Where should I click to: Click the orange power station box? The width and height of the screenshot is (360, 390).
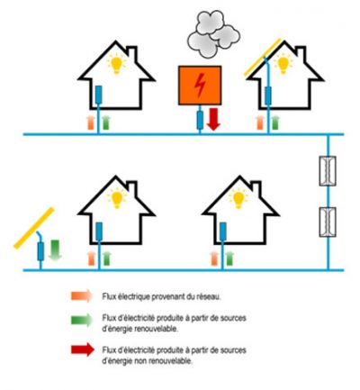click(200, 86)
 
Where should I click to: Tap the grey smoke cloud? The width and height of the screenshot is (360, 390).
click(213, 33)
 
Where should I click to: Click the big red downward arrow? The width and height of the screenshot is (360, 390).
click(213, 119)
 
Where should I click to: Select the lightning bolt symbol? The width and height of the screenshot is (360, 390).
click(199, 86)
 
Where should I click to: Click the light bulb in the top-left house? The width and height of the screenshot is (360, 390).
click(116, 64)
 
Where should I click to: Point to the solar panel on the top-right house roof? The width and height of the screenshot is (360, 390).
click(263, 57)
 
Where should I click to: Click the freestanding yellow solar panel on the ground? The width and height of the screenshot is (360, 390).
click(34, 228)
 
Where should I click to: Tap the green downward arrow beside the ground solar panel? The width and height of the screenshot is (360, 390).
click(55, 249)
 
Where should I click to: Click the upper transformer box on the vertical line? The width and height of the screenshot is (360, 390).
click(328, 171)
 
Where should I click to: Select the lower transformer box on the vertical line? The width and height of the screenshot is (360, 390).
click(328, 222)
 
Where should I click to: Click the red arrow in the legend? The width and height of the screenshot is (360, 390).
click(83, 349)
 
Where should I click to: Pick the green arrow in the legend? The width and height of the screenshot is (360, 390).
click(82, 320)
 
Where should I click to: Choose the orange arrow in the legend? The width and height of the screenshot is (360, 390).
click(82, 295)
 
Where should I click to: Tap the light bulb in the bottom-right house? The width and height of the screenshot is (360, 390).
click(238, 198)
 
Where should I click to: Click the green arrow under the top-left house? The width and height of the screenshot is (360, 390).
click(106, 122)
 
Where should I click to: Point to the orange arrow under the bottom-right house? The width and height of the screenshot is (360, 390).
click(214, 258)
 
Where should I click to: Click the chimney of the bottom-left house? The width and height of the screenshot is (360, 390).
click(132, 188)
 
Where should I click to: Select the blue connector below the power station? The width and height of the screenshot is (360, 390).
click(200, 120)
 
